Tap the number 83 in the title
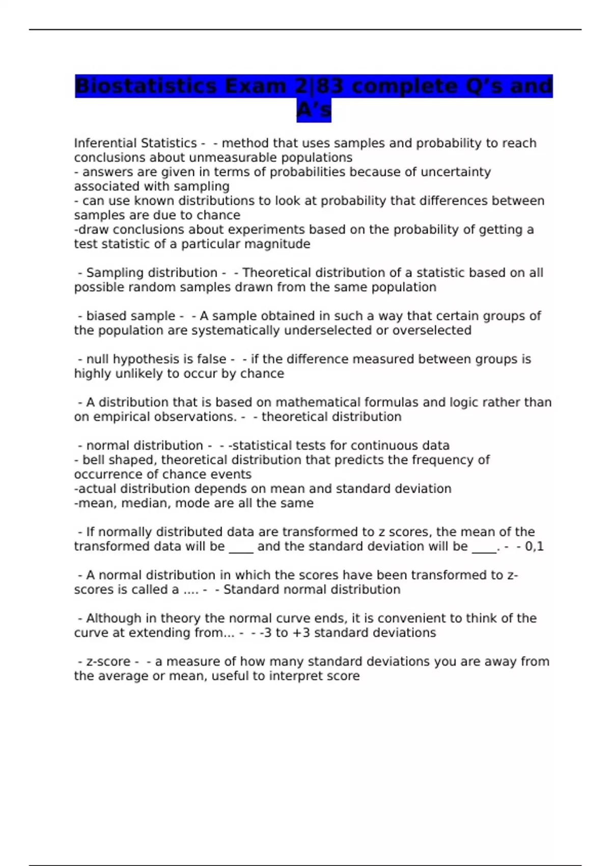(x=330, y=86)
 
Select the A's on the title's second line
(x=314, y=110)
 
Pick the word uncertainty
(x=457, y=172)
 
